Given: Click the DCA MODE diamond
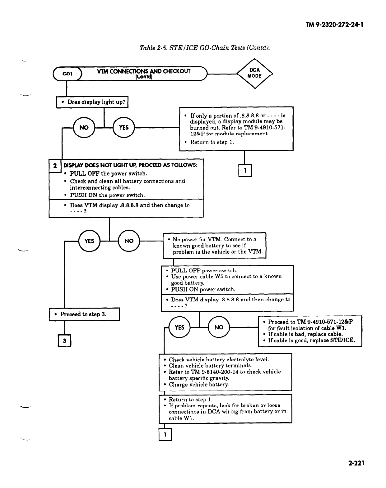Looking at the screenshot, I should coord(254,74).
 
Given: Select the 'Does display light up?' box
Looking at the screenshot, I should coord(92,102).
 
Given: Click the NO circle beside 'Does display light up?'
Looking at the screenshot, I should coord(84,128).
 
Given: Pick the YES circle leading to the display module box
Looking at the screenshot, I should coord(123,128).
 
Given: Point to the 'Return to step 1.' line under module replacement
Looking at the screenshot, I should coord(212,142).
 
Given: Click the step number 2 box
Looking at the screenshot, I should coord(55,166).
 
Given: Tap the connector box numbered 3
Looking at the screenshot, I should coord(64,341).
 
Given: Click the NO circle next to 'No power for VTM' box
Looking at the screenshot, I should coord(129,241).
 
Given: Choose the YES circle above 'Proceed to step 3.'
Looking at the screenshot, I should coord(89,241).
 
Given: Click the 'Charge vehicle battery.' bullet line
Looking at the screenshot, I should coord(199,384).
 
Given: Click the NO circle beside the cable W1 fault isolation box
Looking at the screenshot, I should coord(219,328).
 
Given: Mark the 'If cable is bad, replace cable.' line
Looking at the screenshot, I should coord(305,334).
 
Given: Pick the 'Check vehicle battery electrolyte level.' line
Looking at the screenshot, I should coord(219,359).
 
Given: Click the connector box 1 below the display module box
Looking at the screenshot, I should coord(245,170).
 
